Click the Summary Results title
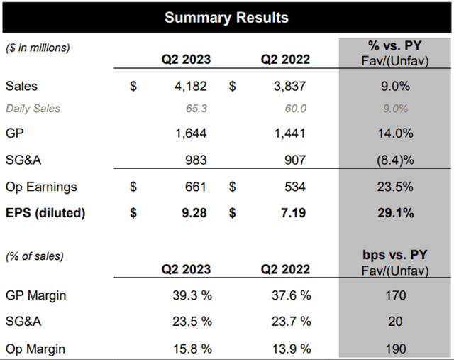(226, 17)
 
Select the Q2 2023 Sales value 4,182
(189, 87)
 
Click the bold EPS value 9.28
(192, 213)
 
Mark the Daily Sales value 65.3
(196, 109)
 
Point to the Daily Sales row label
(33, 109)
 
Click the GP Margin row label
(35, 295)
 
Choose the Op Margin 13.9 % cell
(288, 348)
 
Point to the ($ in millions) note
(39, 48)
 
